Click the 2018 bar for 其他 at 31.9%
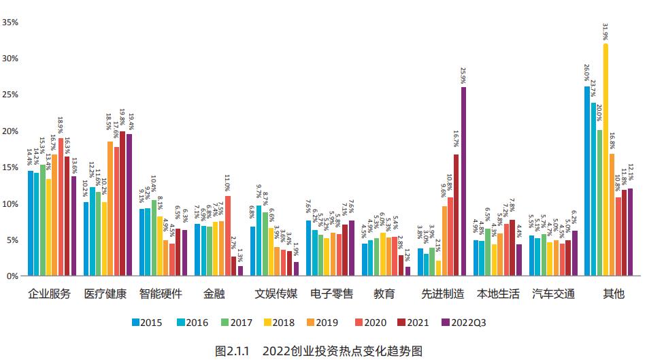point(605,160)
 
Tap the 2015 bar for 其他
point(586,181)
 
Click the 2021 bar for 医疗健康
point(123,204)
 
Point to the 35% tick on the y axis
point(10,22)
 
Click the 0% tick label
point(12,276)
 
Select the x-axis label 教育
point(384,295)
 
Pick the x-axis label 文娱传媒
point(276,295)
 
